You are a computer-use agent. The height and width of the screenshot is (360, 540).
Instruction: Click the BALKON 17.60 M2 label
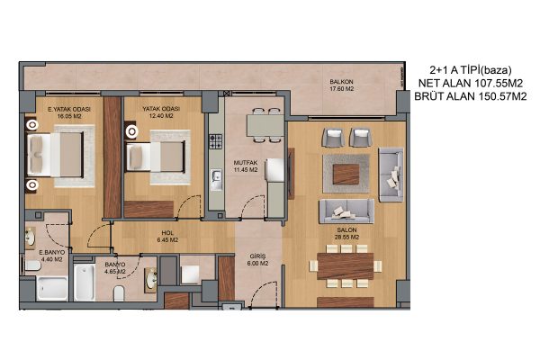pos(342,85)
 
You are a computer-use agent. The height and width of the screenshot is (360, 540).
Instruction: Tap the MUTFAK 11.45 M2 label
pos(246,166)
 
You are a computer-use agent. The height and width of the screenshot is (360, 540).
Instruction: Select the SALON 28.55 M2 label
pos(346,234)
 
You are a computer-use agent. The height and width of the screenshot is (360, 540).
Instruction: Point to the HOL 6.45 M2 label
pos(167,237)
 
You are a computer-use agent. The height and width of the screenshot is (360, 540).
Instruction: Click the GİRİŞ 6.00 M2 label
pos(257,260)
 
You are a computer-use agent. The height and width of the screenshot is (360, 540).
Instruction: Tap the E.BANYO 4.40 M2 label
pos(51,256)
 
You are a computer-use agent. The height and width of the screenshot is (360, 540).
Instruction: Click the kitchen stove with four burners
pos(216,141)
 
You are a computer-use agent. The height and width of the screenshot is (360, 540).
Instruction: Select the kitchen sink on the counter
pos(217,179)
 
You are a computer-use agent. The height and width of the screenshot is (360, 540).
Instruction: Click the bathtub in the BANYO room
pos(85,282)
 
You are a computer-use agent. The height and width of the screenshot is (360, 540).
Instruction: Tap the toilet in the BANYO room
pos(119,292)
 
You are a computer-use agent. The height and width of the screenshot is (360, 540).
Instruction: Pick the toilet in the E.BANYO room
pos(33,265)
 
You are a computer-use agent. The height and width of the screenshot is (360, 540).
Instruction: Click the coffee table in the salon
pos(346,175)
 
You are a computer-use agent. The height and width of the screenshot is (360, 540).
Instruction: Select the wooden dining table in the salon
pos(345,266)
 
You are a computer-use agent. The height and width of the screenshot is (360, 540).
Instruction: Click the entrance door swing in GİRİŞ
pos(264,294)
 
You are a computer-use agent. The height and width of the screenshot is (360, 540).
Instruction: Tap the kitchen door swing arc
pos(253,206)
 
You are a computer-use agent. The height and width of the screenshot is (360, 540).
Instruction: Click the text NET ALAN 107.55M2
pos(471,83)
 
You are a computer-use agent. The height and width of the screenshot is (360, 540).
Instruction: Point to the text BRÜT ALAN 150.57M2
pos(471,96)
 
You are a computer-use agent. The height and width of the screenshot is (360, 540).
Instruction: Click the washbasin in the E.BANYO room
pos(31,238)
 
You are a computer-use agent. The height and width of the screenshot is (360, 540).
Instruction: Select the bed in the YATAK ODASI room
pos(156,157)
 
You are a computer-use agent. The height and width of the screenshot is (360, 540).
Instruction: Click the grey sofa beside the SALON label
pos(346,211)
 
